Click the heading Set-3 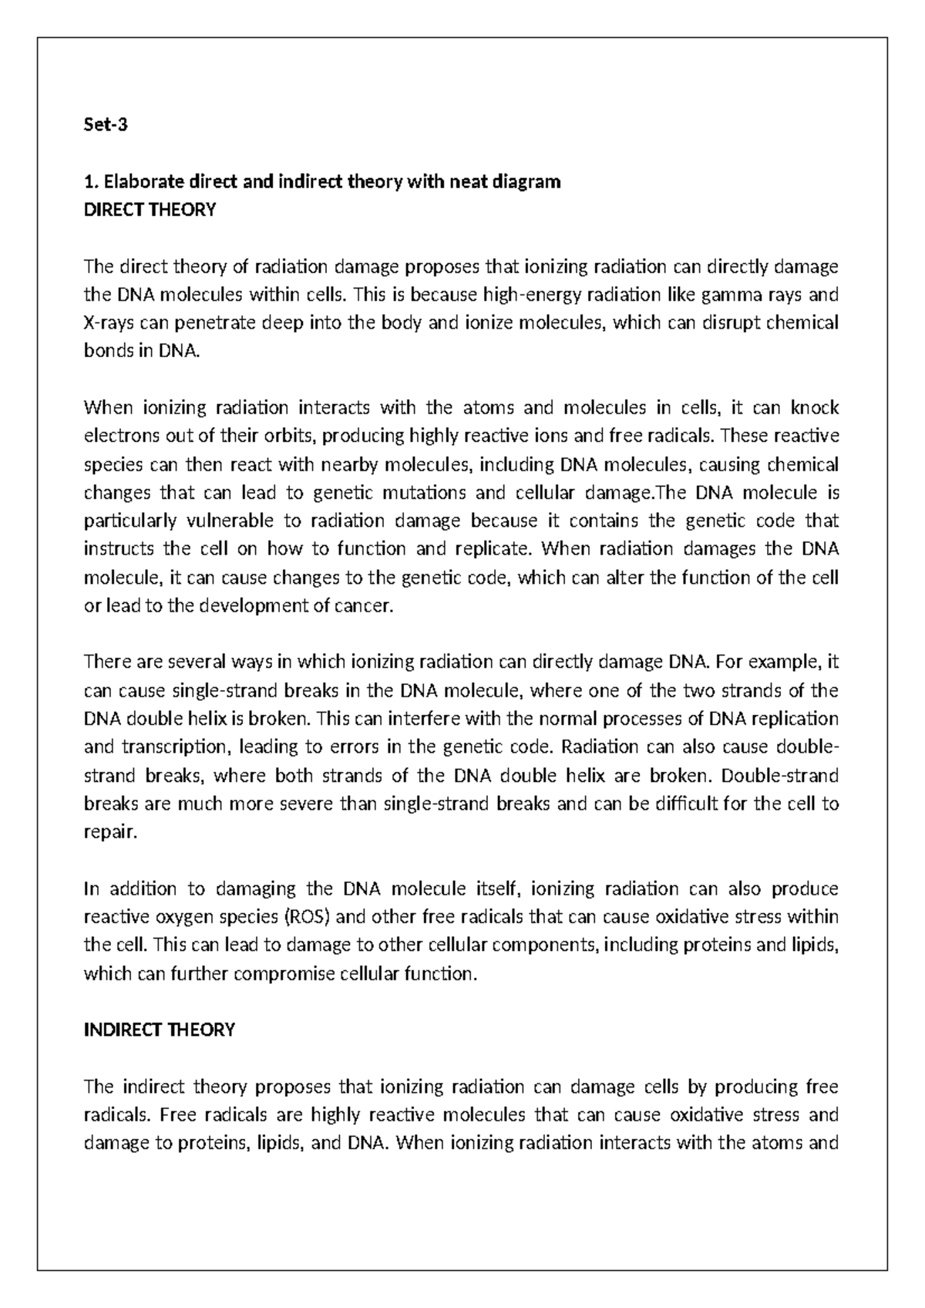click(x=105, y=125)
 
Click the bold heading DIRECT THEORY click(x=150, y=210)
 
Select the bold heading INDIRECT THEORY click(x=159, y=1030)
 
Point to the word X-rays click(x=109, y=323)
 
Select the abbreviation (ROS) click(x=307, y=917)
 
